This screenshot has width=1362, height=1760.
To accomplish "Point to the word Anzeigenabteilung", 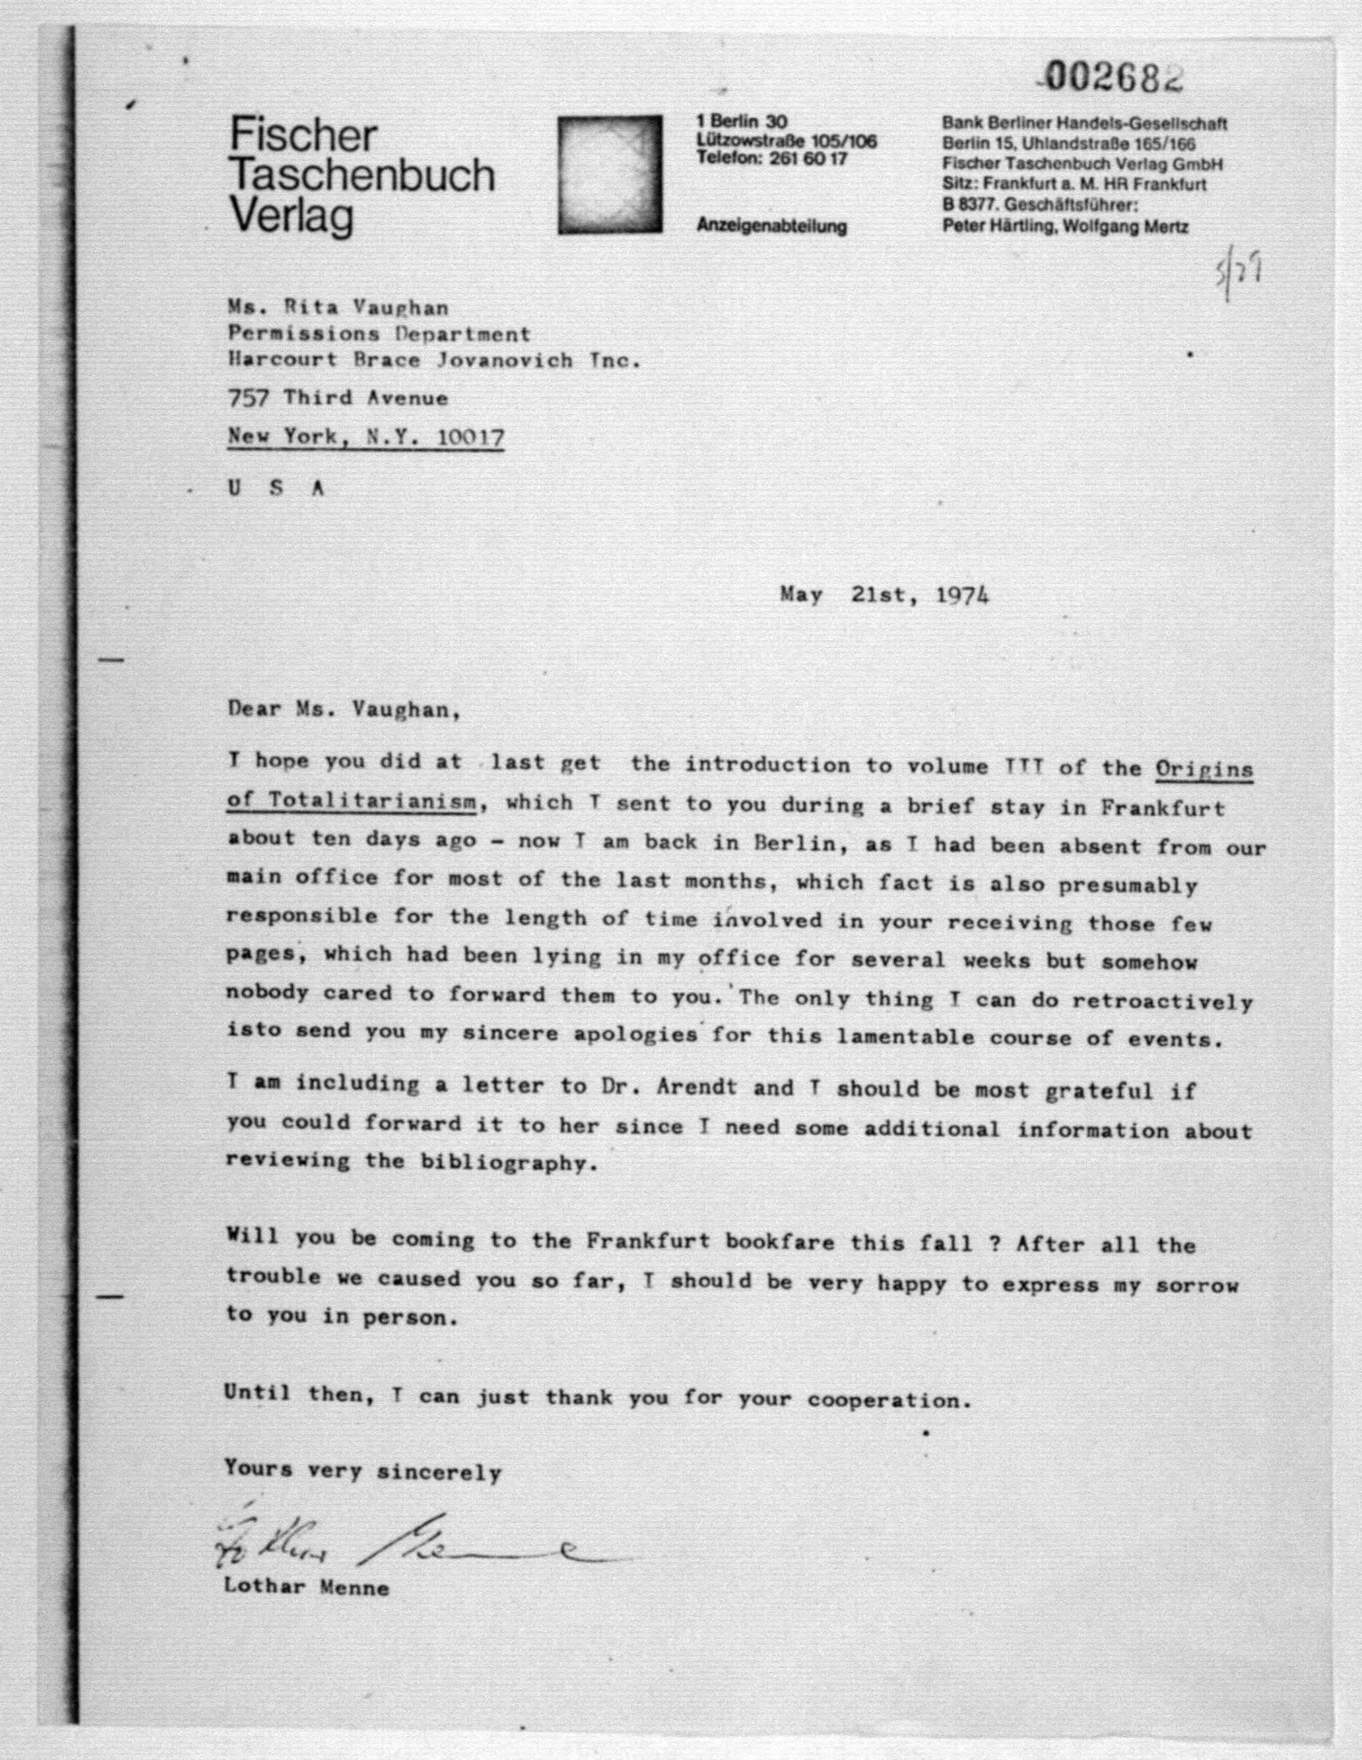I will pyautogui.click(x=771, y=226).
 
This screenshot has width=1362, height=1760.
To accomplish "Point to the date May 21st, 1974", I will pyautogui.click(x=884, y=595).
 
